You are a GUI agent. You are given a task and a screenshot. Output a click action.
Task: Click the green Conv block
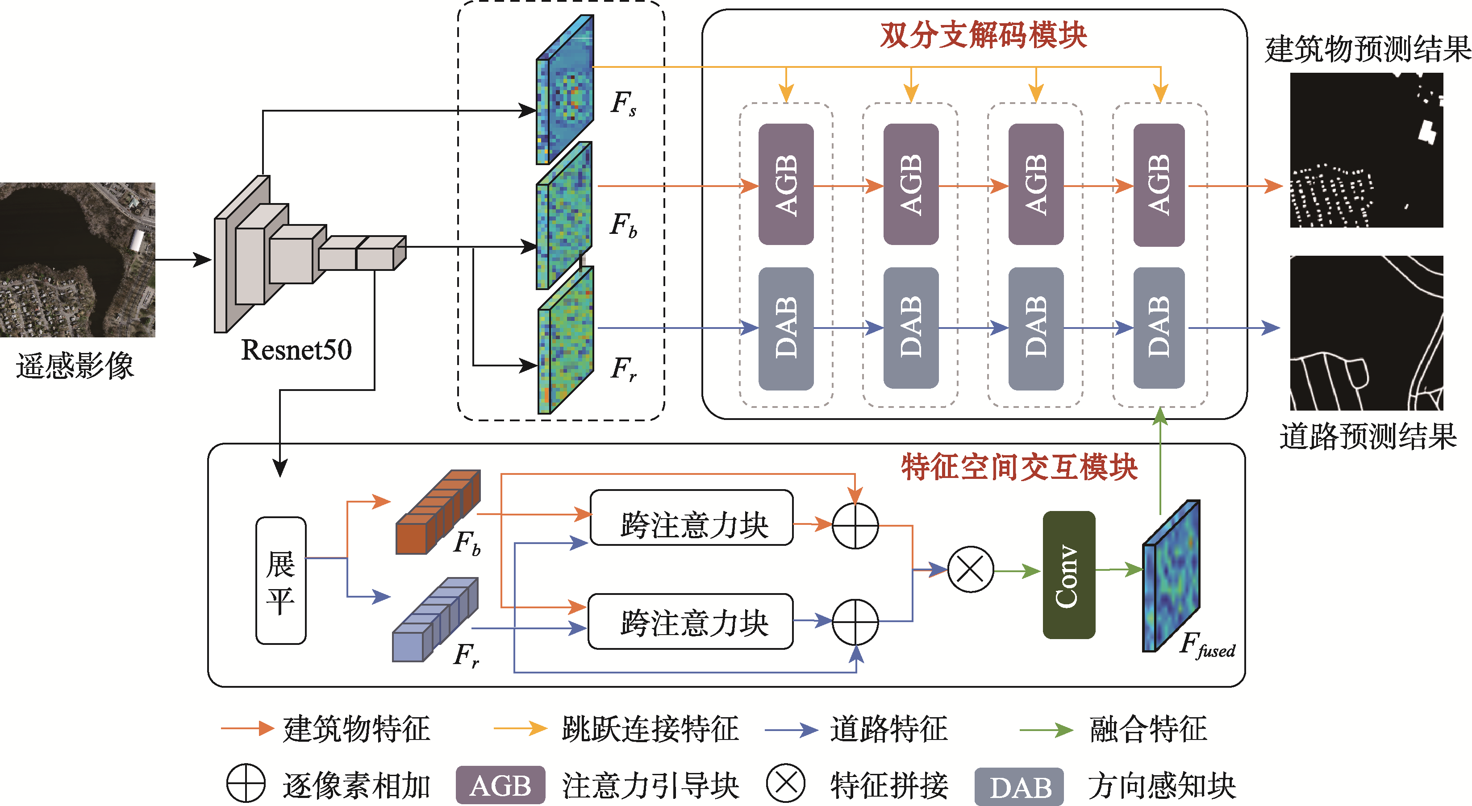click(x=1068, y=575)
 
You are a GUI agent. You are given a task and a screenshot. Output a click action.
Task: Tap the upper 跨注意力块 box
click(x=692, y=518)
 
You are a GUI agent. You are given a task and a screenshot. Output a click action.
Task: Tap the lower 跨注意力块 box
click(x=691, y=622)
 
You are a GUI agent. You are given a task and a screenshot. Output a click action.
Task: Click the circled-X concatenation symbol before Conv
click(x=970, y=569)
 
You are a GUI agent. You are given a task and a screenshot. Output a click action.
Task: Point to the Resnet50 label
click(x=296, y=349)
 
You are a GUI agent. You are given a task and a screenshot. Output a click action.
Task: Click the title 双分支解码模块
click(x=983, y=35)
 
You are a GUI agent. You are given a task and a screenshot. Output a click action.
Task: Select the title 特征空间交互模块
click(x=1019, y=467)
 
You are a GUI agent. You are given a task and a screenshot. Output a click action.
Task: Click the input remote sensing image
click(x=77, y=260)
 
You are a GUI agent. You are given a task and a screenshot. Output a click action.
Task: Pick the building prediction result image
click(x=1366, y=150)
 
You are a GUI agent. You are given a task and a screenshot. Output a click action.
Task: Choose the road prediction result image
click(x=1366, y=333)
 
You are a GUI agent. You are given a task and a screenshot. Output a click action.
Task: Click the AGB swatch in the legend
click(x=500, y=785)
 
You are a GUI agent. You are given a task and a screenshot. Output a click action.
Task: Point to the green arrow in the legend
click(x=1046, y=729)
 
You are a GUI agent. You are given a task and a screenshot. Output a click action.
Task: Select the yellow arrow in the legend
click(x=520, y=728)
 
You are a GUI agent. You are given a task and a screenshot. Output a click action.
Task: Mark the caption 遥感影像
click(x=75, y=366)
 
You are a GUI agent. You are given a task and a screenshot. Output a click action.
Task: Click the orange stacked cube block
click(x=438, y=512)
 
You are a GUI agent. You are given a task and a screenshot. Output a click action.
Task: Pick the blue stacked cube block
click(x=435, y=620)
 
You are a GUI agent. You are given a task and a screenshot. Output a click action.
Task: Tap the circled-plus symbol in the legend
click(x=246, y=784)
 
